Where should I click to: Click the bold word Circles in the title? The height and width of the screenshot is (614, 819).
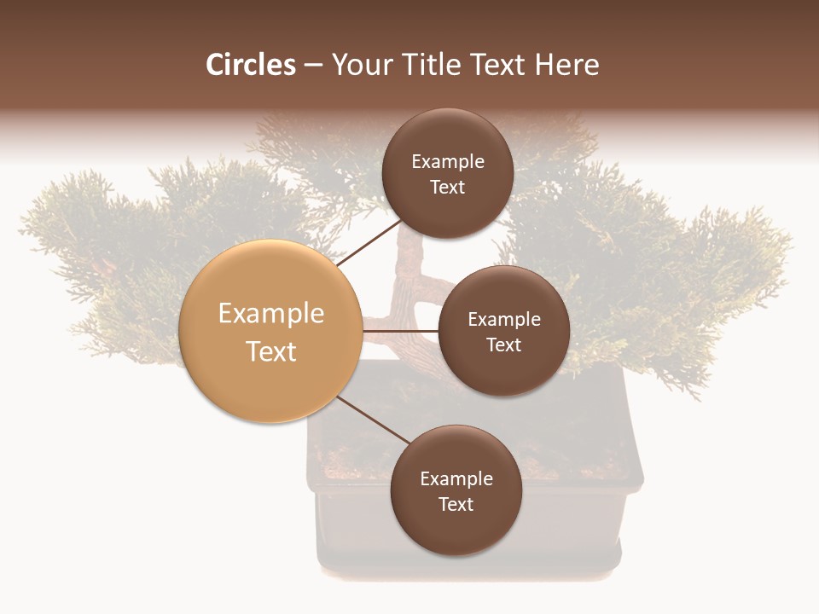coord(251,65)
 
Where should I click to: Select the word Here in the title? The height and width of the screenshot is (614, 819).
coord(567,65)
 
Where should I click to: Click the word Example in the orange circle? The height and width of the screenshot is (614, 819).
coord(271,314)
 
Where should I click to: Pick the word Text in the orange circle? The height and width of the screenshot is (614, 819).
coord(271,351)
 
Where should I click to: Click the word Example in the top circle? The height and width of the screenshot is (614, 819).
coord(448,162)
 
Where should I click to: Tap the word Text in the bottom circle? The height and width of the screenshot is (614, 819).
coord(456,504)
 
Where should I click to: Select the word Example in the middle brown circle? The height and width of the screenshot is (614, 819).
coord(504,320)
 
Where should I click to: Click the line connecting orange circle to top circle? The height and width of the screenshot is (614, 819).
coord(369,242)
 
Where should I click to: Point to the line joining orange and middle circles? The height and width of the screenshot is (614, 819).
coord(400,330)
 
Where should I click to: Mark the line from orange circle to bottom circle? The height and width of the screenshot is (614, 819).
coord(373,420)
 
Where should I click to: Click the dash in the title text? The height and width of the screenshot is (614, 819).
coord(314,65)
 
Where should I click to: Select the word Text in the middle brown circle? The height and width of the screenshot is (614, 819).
coord(503,345)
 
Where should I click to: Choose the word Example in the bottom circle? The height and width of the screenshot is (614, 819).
coord(456,479)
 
